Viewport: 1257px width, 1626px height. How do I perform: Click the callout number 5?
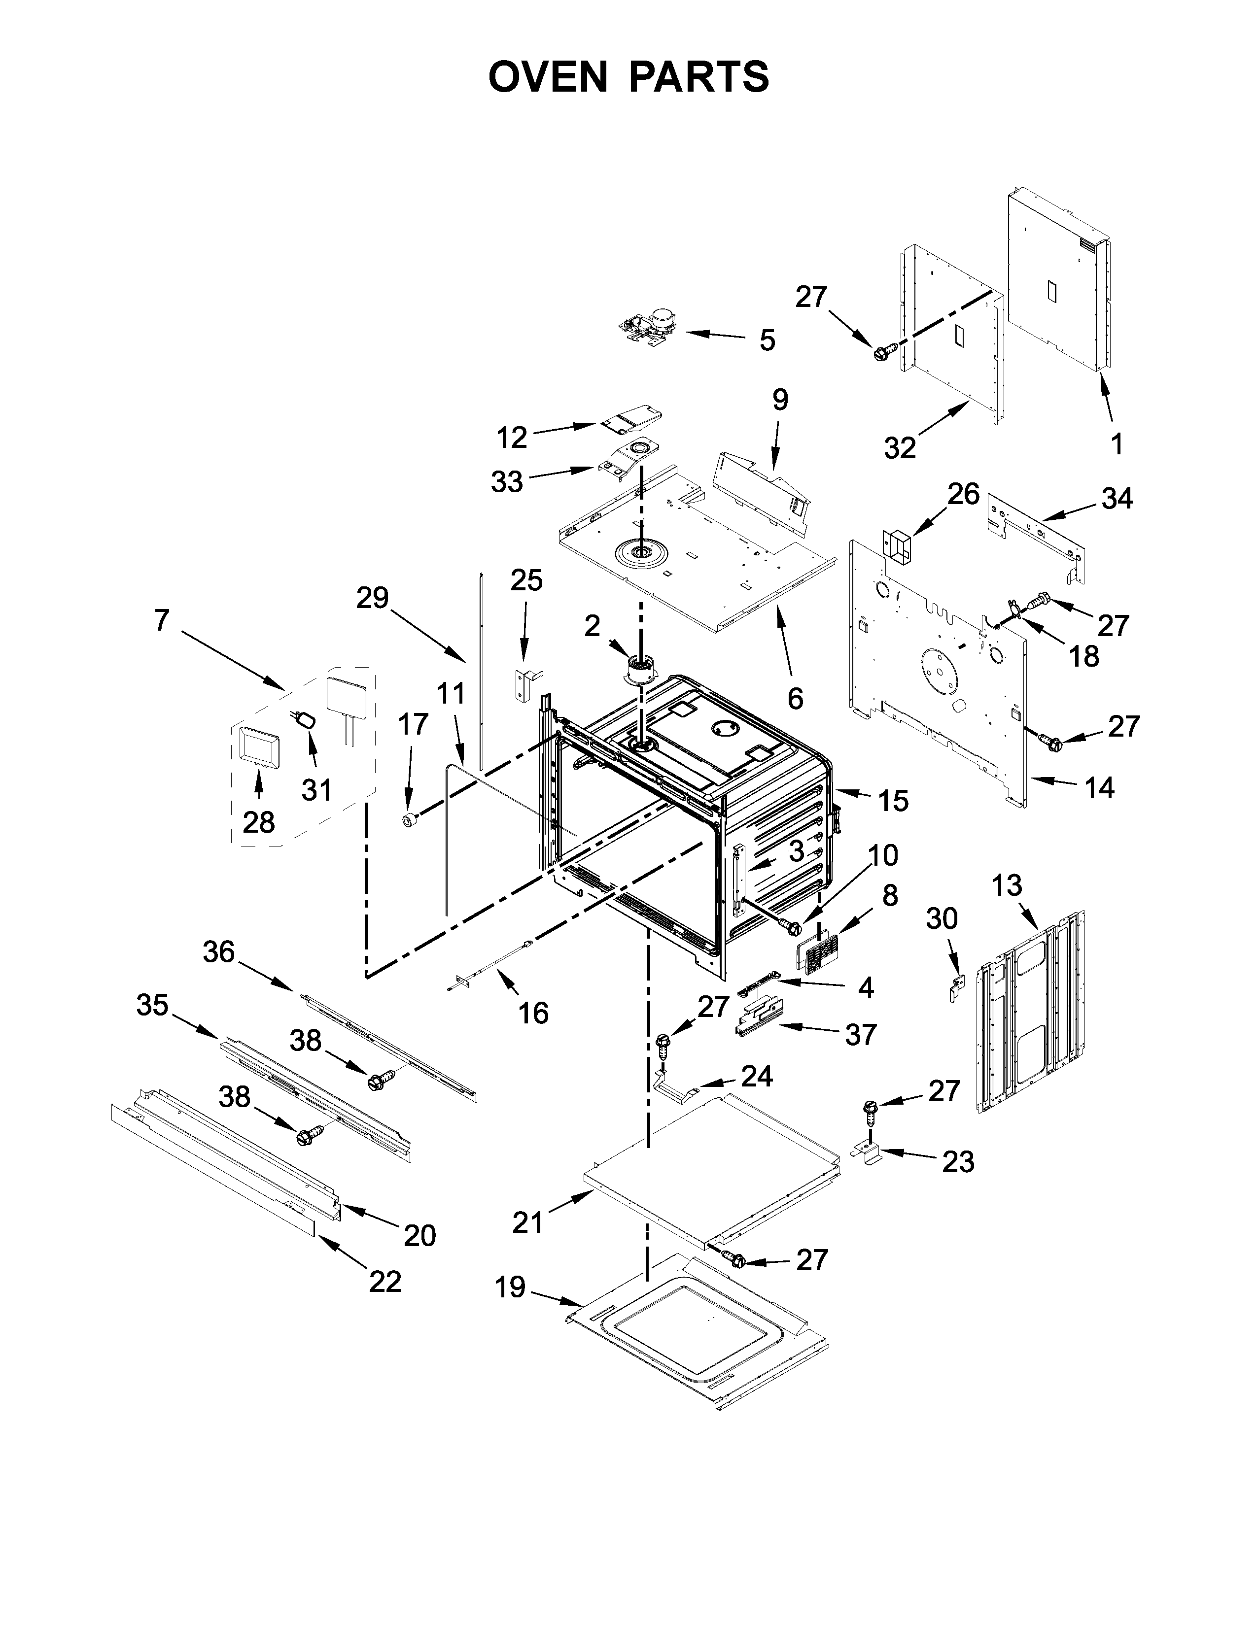coord(767,340)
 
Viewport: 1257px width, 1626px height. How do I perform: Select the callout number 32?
coord(900,447)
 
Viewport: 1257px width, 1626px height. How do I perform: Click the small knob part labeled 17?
coord(409,820)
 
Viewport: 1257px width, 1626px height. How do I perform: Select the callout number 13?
coord(1007,886)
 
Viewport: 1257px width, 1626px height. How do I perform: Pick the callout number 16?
coord(533,1013)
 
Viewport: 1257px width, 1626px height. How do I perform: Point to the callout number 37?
coord(860,1034)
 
